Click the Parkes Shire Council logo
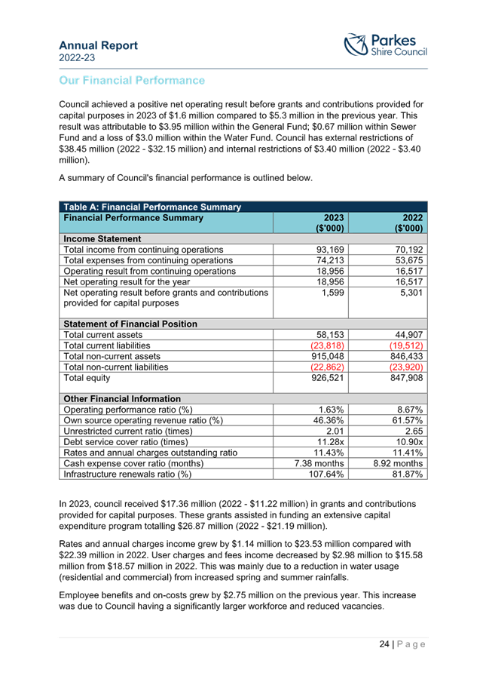(x=385, y=45)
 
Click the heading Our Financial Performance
(x=132, y=80)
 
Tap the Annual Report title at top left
(x=98, y=45)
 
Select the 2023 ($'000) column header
(x=329, y=223)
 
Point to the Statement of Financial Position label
(x=130, y=324)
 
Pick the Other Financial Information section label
(x=121, y=398)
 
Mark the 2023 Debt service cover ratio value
(x=330, y=441)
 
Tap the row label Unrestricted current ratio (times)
(x=126, y=431)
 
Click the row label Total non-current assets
(x=112, y=356)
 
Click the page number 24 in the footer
(x=384, y=644)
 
